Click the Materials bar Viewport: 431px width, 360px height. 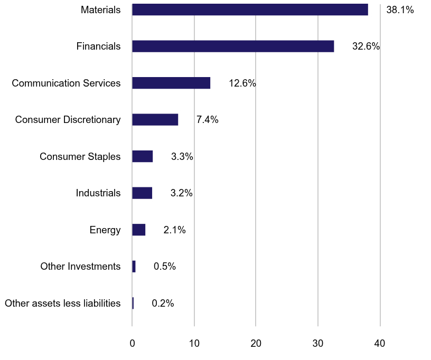tap(250, 10)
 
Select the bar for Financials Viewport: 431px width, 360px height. tap(233, 46)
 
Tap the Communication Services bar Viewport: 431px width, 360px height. tap(171, 83)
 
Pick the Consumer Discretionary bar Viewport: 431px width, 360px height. tap(155, 120)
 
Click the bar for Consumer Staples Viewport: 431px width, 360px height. tap(142, 156)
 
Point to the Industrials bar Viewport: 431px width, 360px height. tap(142, 193)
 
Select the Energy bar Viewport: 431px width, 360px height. tap(138, 230)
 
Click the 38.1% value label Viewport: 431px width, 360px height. tap(400, 10)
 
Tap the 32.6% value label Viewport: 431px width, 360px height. tap(366, 46)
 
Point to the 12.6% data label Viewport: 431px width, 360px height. tap(242, 83)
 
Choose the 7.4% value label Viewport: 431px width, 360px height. tap(207, 120)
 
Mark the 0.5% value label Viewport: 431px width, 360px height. tap(165, 267)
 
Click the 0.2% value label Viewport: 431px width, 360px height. tap(163, 304)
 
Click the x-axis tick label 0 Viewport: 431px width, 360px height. tap(132, 344)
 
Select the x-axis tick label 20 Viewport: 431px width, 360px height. tap(256, 344)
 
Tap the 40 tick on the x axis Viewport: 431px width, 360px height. tap(380, 344)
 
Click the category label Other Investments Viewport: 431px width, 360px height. tap(80, 267)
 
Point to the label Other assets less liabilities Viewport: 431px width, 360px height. tap(62, 304)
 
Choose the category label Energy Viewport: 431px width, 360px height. tap(105, 230)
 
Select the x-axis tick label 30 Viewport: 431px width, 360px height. tap(318, 344)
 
